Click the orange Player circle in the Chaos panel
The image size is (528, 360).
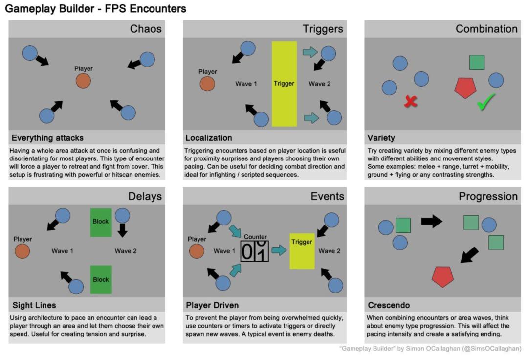(x=83, y=81)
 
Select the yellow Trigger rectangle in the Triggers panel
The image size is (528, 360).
(x=284, y=84)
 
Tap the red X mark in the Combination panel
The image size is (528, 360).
(x=411, y=102)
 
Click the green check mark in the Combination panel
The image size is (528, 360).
(x=486, y=101)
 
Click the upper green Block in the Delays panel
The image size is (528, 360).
(x=101, y=221)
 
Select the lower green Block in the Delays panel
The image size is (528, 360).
(x=101, y=279)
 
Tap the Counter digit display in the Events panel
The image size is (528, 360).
(x=255, y=251)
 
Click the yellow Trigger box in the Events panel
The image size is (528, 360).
(x=302, y=250)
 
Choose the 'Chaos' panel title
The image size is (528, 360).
(x=146, y=29)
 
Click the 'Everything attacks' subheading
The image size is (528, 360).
(x=47, y=138)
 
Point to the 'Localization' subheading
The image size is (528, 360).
(x=209, y=138)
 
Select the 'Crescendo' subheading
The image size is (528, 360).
(x=389, y=305)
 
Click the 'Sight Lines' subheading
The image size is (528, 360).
(x=34, y=305)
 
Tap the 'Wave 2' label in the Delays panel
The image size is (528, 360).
(x=126, y=251)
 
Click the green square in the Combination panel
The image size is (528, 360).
(x=477, y=63)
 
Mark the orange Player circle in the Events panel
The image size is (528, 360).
(x=197, y=251)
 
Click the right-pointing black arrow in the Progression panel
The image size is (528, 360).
(x=431, y=221)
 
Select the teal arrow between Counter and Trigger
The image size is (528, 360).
(x=279, y=250)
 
